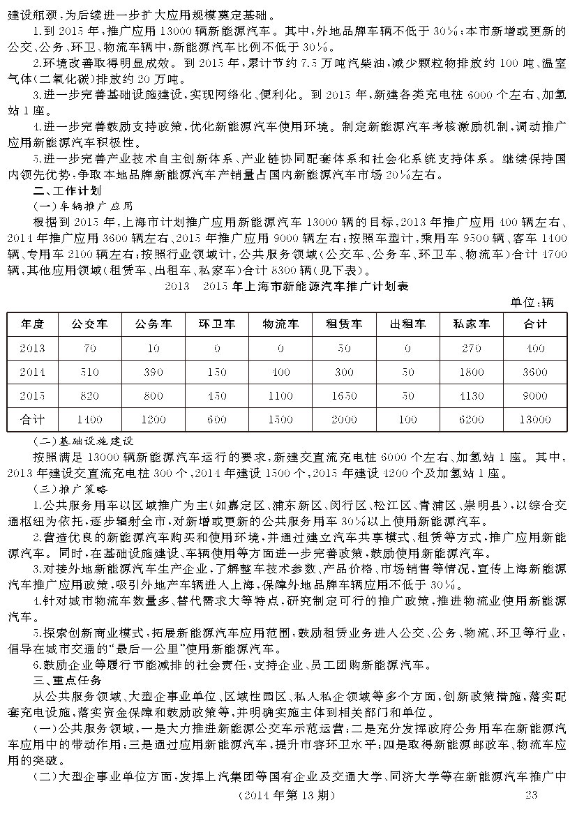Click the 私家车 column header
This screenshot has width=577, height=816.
[472, 324]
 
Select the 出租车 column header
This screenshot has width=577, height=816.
[408, 324]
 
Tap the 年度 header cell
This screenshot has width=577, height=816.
[33, 324]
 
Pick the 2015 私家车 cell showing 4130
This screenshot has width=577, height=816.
[472, 395]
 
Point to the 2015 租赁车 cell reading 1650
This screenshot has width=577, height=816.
[345, 395]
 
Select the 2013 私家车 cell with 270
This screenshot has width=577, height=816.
[472, 348]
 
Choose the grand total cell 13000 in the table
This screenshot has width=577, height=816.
[535, 419]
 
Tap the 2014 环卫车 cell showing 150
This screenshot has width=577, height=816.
[217, 372]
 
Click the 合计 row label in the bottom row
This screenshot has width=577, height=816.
[33, 419]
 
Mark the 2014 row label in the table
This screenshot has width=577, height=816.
[33, 372]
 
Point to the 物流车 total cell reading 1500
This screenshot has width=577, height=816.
[280, 419]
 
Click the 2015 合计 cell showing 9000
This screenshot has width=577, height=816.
[535, 395]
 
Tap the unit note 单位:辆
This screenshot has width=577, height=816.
[532, 301]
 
